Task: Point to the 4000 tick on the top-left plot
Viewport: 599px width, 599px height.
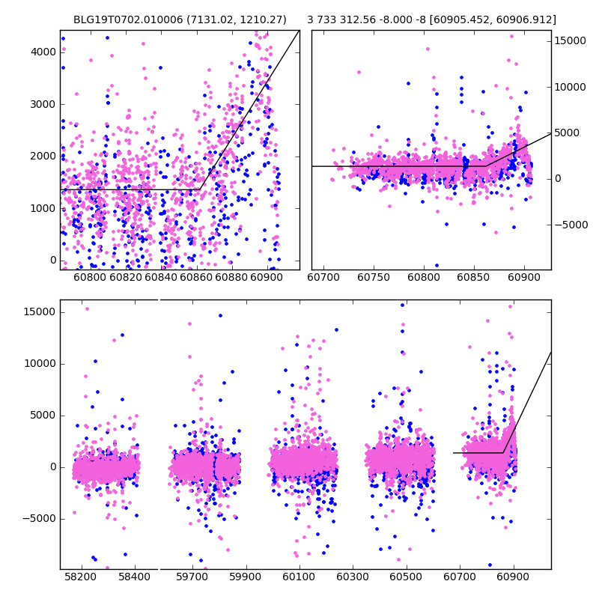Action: point(43,52)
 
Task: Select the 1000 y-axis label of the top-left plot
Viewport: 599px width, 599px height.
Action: point(43,208)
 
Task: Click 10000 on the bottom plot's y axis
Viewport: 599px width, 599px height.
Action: point(40,364)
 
